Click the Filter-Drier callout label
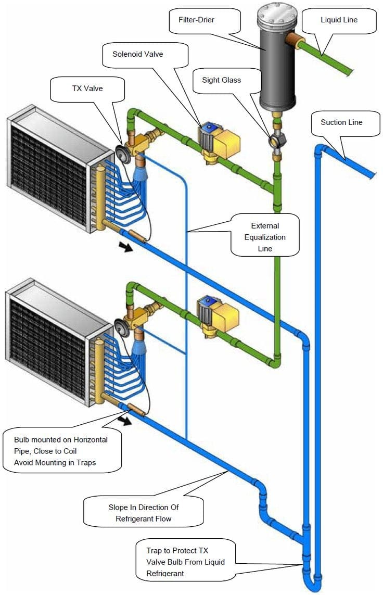pos(196,20)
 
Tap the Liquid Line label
pos(339,20)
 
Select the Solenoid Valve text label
pos(138,54)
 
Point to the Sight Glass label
pos(222,80)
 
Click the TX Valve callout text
pos(87,88)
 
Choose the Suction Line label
pos(342,122)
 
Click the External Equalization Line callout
pos(265,237)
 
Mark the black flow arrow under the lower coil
pos(125,421)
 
